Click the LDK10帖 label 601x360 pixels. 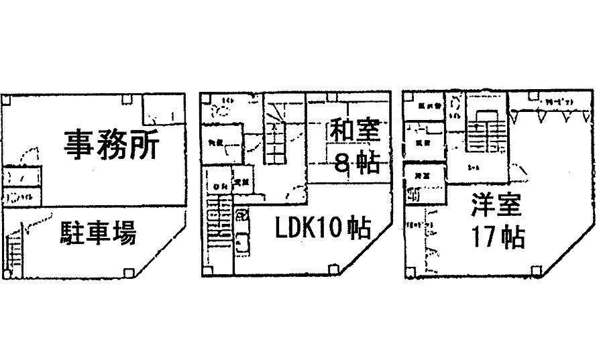(322, 229)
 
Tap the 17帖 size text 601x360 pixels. (497, 238)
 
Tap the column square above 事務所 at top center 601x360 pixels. (126, 99)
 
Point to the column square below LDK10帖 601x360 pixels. (333, 269)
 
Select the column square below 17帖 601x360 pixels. (535, 272)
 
